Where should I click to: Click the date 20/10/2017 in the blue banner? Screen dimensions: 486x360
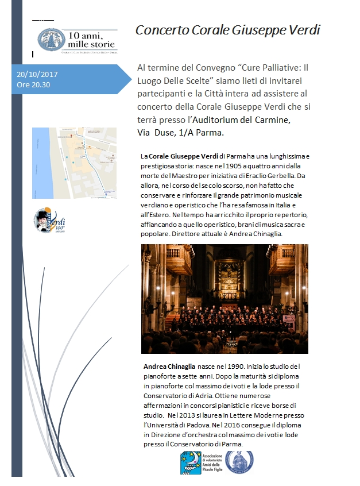tap(37, 75)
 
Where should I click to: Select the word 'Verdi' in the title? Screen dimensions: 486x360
tap(303, 30)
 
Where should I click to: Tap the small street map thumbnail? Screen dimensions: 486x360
tap(74, 163)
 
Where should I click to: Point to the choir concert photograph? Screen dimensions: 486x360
tap(224, 298)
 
